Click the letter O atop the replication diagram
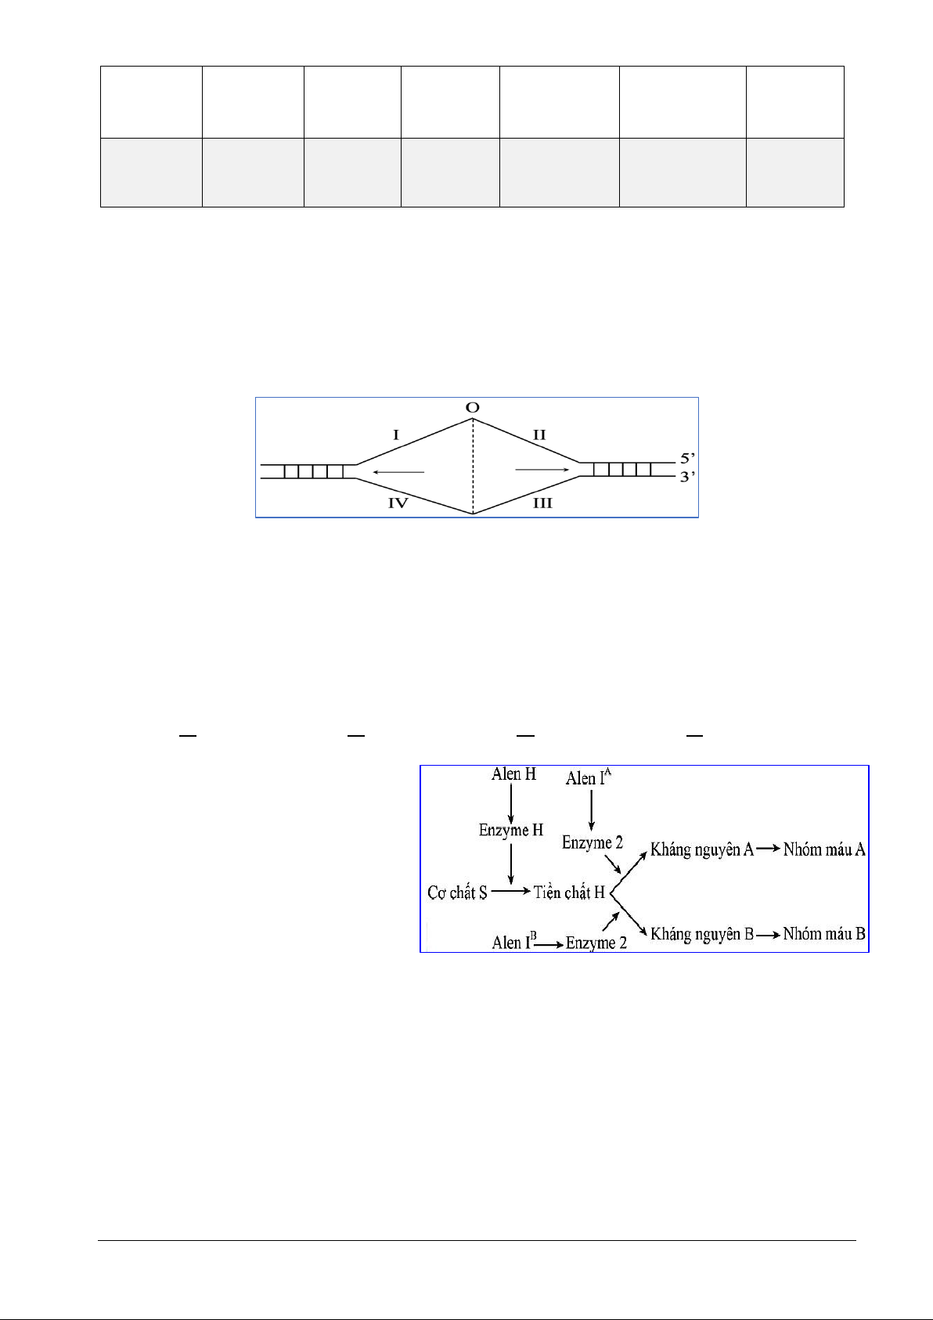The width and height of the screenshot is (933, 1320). click(x=472, y=407)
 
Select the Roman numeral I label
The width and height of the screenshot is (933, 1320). click(x=396, y=435)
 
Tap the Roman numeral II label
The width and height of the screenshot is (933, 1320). click(x=539, y=435)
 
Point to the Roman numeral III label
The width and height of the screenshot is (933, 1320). click(x=542, y=503)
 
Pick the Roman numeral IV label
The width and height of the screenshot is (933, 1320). click(x=398, y=503)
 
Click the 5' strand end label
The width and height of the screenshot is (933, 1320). click(x=687, y=458)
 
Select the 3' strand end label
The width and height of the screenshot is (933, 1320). click(x=687, y=476)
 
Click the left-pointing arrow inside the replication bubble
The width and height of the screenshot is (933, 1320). click(x=398, y=472)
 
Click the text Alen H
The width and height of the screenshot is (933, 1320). click(x=513, y=774)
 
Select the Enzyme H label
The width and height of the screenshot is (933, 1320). click(x=511, y=830)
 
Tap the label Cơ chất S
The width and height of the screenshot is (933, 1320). click(x=457, y=893)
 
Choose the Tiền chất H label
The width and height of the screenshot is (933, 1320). click(x=569, y=893)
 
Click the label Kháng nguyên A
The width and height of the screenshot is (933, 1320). click(x=701, y=850)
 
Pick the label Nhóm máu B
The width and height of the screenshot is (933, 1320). click(x=823, y=933)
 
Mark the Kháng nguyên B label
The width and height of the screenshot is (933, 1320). click(x=701, y=934)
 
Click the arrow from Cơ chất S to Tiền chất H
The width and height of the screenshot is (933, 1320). click(x=510, y=891)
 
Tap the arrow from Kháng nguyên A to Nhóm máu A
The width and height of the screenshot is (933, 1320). click(x=768, y=849)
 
